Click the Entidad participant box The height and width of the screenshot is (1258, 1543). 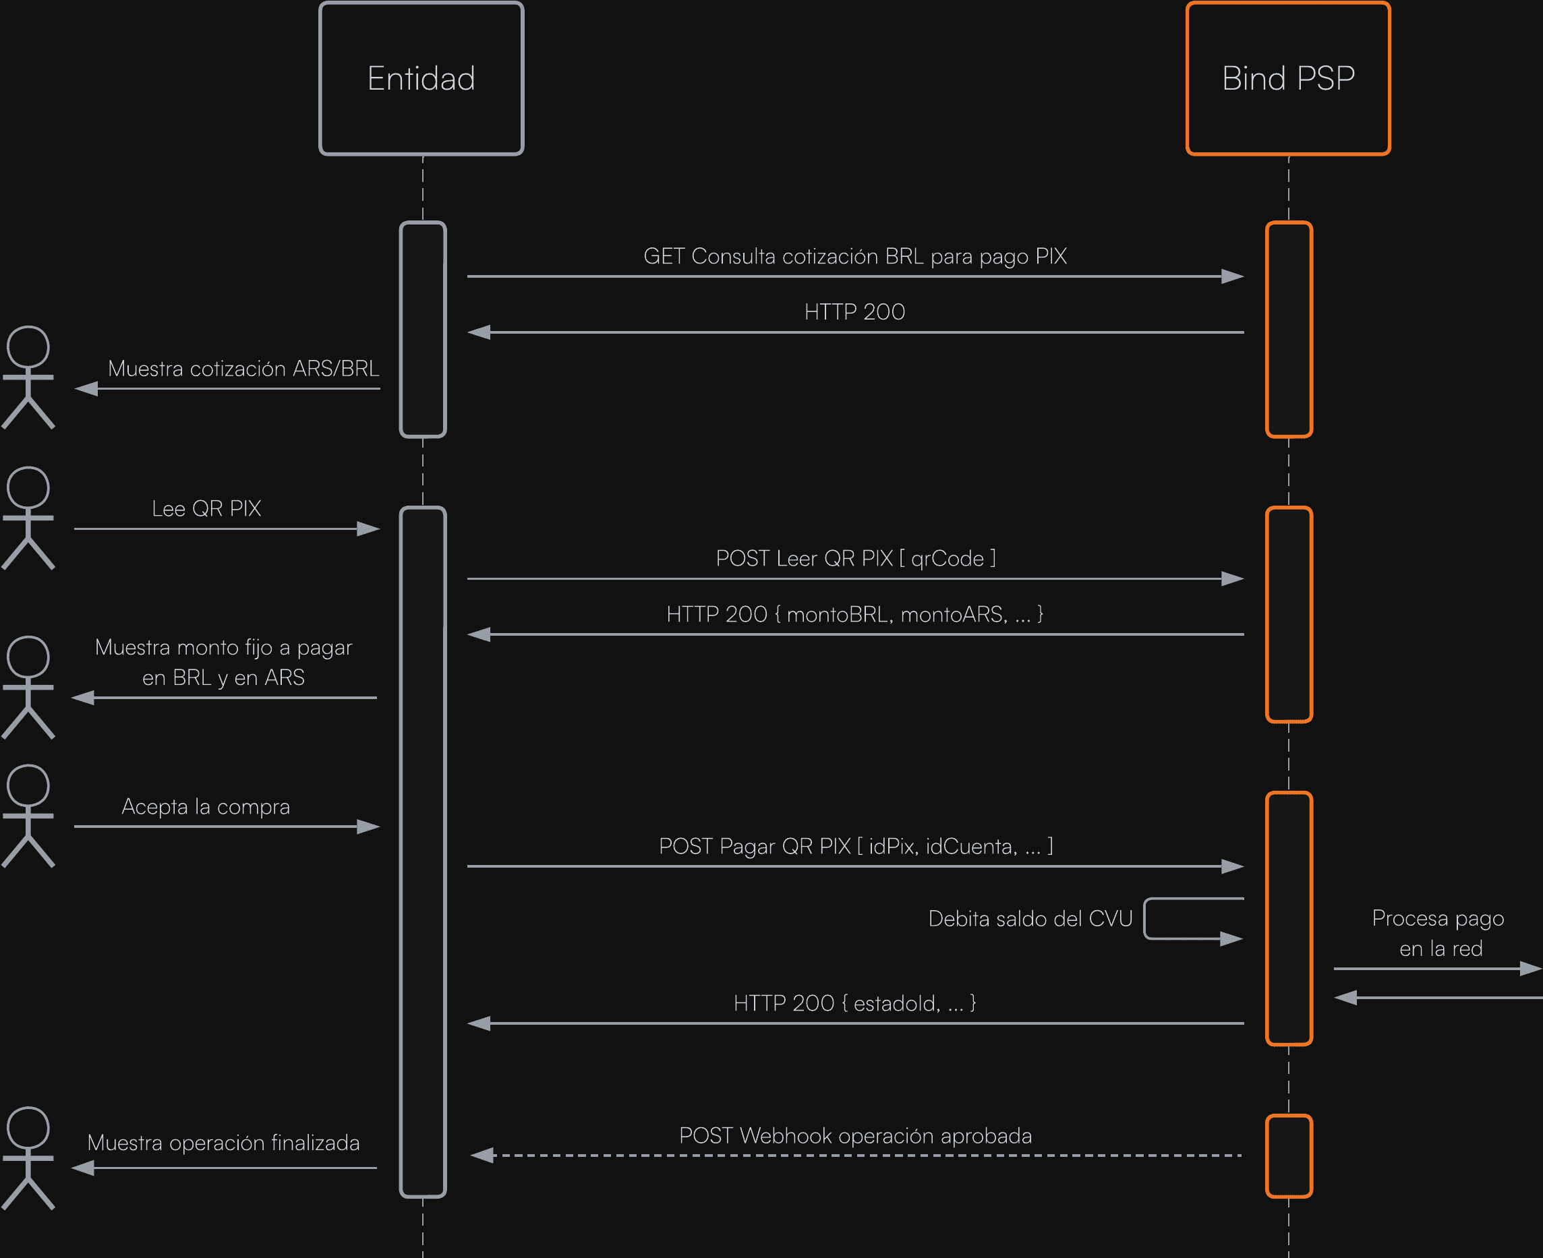click(x=421, y=78)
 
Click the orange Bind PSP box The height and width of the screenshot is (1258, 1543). click(x=1288, y=78)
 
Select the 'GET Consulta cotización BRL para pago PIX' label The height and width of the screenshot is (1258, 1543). click(x=854, y=257)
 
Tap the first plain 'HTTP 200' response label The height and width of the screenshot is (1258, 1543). click(x=854, y=312)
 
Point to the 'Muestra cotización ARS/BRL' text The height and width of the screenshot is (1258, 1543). click(x=243, y=369)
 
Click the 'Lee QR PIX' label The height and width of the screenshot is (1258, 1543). click(x=206, y=509)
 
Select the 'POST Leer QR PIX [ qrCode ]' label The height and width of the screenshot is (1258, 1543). click(x=855, y=559)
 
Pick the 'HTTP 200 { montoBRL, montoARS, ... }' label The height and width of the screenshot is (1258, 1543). click(x=854, y=615)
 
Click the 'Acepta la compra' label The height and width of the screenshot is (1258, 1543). click(x=206, y=806)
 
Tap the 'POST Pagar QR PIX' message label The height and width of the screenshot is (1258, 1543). click(x=855, y=846)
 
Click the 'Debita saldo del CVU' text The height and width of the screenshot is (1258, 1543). click(x=1030, y=919)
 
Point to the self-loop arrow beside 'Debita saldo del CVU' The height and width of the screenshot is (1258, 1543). click(x=1192, y=919)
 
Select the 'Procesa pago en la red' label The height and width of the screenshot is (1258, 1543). click(x=1438, y=933)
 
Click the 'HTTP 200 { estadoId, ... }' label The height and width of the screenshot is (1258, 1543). click(x=854, y=1004)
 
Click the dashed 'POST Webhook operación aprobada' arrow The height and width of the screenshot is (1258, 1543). click(x=855, y=1155)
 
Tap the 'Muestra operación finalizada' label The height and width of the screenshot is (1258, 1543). click(x=223, y=1143)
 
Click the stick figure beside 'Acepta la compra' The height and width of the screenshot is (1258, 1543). click(x=28, y=816)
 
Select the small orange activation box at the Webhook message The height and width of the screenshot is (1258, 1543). click(x=1289, y=1156)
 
